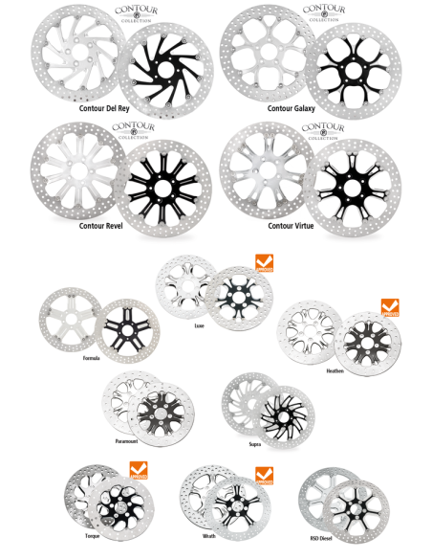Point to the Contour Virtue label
(x=293, y=228)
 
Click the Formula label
(x=93, y=357)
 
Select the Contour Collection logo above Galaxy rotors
(x=325, y=15)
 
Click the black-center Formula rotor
(x=122, y=328)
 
